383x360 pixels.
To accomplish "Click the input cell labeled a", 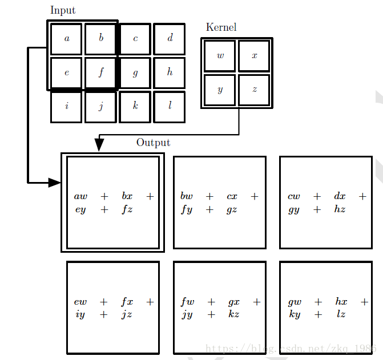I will pyautogui.click(x=67, y=39).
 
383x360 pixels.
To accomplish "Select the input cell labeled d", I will pyautogui.click(x=170, y=39).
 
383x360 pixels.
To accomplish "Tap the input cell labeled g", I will pyautogui.click(x=135, y=73).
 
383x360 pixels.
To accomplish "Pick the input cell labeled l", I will pyautogui.click(x=170, y=107).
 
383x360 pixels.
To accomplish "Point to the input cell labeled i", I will pyautogui.click(x=67, y=107).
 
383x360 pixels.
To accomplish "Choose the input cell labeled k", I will pyautogui.click(x=135, y=107).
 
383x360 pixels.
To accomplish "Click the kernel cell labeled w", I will pyautogui.click(x=220, y=56).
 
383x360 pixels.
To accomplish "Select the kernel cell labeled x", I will pyautogui.click(x=254, y=56).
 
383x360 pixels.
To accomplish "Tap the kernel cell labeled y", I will pyautogui.click(x=220, y=90).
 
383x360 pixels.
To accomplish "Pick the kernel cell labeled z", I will pyautogui.click(x=254, y=90).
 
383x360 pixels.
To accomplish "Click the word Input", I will pyautogui.click(x=63, y=10).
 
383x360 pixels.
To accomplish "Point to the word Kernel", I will pyautogui.click(x=221, y=27).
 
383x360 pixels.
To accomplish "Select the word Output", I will pyautogui.click(x=153, y=143).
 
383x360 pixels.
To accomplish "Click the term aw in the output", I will pyautogui.click(x=80, y=196).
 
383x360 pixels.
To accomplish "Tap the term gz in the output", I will pyautogui.click(x=232, y=209).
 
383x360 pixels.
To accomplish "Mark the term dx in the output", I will pyautogui.click(x=340, y=196).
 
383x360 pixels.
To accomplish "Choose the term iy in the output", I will pyautogui.click(x=80, y=314).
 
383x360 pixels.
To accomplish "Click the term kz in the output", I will pyautogui.click(x=233, y=314).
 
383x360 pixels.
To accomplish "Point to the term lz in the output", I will pyautogui.click(x=341, y=314).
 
